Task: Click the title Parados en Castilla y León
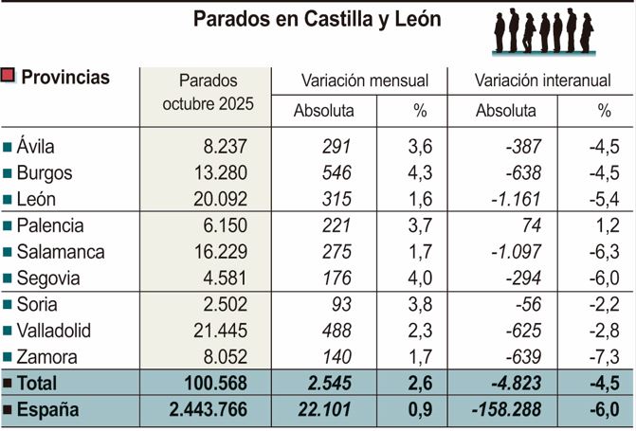[317, 20]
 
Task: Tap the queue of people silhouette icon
[543, 31]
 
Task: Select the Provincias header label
[65, 78]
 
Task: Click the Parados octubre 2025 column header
[208, 92]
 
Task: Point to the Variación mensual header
[364, 81]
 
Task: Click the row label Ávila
[36, 147]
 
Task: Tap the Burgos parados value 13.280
[219, 173]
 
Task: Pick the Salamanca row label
[61, 253]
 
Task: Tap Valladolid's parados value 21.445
[219, 332]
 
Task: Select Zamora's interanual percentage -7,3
[603, 357]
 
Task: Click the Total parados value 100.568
[215, 384]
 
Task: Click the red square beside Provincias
[9, 77]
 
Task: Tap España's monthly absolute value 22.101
[325, 410]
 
